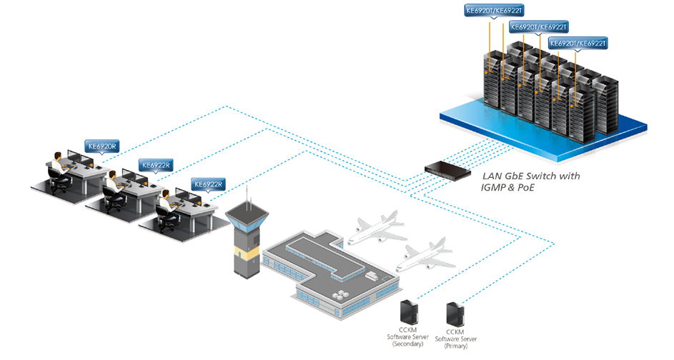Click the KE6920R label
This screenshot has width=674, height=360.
click(102, 146)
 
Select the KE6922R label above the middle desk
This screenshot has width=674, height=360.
click(156, 165)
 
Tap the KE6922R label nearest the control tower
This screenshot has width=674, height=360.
click(209, 184)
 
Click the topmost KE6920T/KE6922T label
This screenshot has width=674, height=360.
click(495, 11)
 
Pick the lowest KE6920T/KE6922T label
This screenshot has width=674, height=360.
click(578, 43)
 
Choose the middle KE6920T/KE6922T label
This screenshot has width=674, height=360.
click(539, 27)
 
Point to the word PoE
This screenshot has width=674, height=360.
click(526, 188)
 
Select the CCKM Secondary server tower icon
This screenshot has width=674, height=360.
click(409, 312)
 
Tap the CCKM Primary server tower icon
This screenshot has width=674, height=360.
click(455, 314)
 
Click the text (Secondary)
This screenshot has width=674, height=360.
click(408, 344)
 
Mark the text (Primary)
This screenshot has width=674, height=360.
click(455, 346)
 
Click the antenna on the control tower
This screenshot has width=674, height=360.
click(247, 198)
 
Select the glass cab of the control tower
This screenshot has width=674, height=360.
click(247, 221)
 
